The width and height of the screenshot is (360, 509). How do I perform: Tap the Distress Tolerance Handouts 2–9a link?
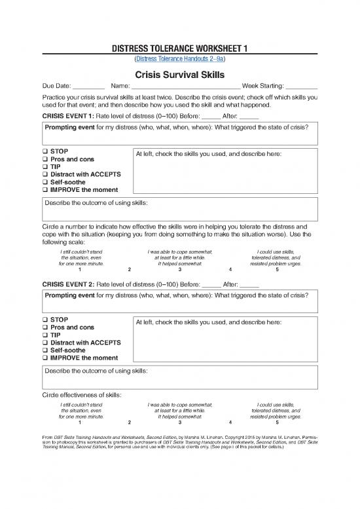coord(179,58)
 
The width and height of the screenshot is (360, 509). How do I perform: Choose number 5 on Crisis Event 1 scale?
coord(278,269)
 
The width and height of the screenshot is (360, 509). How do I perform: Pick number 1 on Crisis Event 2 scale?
coord(79,422)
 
